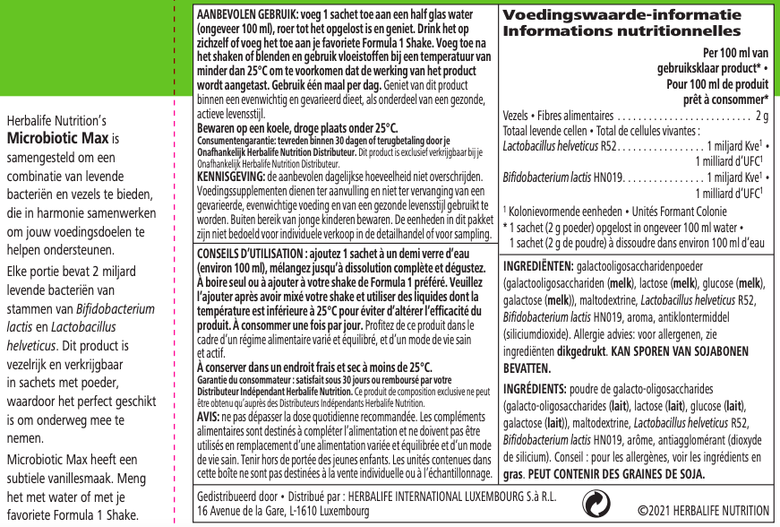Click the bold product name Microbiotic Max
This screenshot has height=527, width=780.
(57, 138)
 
